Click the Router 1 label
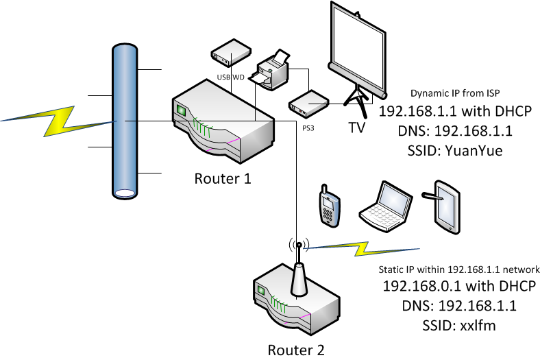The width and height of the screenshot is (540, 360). click(223, 180)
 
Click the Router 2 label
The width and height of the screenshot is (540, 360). click(295, 350)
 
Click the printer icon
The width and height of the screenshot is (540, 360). click(273, 70)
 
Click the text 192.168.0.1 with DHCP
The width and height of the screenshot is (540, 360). click(450, 287)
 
